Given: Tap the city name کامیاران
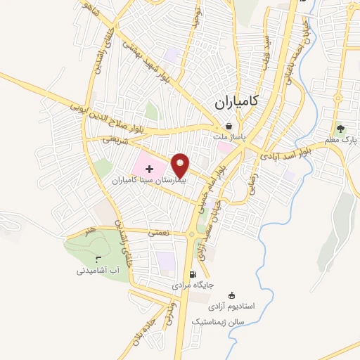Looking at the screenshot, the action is pyautogui.click(x=234, y=102).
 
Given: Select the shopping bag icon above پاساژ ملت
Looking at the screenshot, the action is pyautogui.click(x=229, y=127).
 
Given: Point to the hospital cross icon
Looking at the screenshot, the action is pyautogui.click(x=149, y=169).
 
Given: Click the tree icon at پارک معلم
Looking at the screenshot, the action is pyautogui.click(x=341, y=129).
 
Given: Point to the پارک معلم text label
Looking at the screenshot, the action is pyautogui.click(x=341, y=140).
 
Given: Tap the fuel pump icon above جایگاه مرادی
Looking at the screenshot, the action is pyautogui.click(x=192, y=274).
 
